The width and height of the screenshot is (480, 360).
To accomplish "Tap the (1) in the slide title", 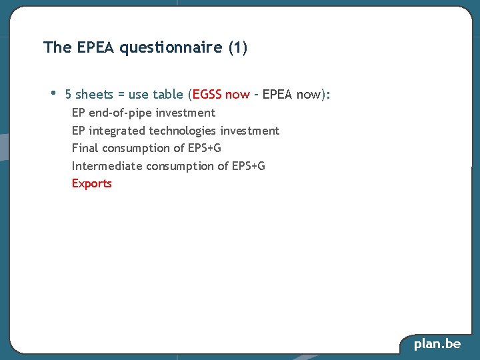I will click(238, 48).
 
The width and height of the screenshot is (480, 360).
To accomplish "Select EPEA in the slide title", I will click(96, 48).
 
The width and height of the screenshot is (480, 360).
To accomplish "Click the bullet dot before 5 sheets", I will click(53, 93).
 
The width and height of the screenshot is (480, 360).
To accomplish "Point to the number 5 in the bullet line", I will click(69, 95).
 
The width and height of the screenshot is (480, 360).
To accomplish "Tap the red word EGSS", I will click(207, 95).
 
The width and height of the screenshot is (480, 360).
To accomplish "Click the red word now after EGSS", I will click(237, 95).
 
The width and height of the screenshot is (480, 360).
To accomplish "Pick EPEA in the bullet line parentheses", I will click(278, 95).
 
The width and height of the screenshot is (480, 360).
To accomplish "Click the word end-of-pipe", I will click(121, 113).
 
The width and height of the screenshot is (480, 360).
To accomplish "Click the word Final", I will click(84, 148).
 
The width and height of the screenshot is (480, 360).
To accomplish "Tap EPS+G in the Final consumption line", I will click(205, 148).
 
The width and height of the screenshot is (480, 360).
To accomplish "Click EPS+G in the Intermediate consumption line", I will click(248, 166).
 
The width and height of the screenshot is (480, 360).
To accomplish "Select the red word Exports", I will click(92, 183).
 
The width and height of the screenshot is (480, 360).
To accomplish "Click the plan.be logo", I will click(437, 344).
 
